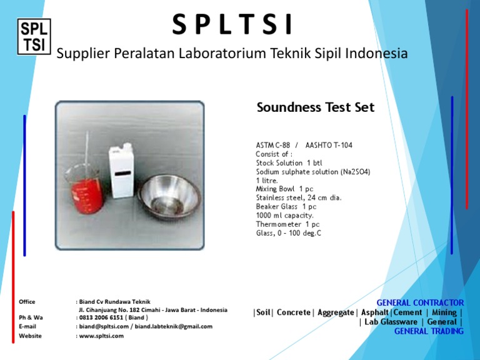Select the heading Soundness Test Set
coord(315,107)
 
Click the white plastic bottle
coord(122,172)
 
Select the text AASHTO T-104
coord(328,145)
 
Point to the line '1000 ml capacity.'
coord(284,215)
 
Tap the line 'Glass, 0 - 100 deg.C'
coord(288,233)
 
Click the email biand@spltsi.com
coord(104,326)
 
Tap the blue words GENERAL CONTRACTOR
coord(420,302)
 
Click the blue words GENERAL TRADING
coord(429,331)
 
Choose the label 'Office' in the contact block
coord(27,302)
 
